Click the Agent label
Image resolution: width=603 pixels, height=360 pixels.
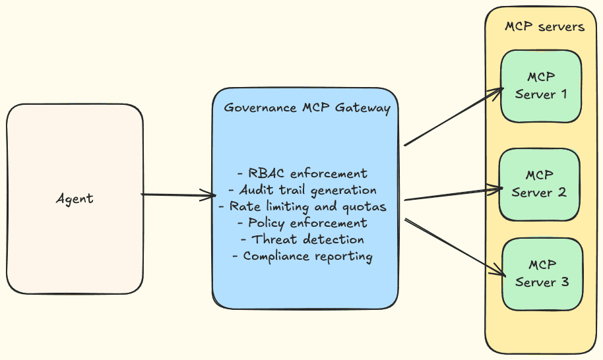pyautogui.click(x=75, y=198)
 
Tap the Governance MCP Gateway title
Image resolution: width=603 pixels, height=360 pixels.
pyautogui.click(x=307, y=107)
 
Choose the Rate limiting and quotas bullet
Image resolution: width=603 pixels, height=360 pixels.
pyautogui.click(x=303, y=206)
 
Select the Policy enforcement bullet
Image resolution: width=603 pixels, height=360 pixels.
pyautogui.click(x=303, y=223)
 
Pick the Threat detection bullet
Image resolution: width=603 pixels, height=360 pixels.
pyautogui.click(x=303, y=239)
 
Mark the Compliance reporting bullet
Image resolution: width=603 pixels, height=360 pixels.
pyautogui.click(x=303, y=256)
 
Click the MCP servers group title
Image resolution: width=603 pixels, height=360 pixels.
pyautogui.click(x=544, y=27)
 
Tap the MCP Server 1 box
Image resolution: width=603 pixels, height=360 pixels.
pyautogui.click(x=541, y=86)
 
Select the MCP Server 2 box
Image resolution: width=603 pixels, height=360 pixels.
pyautogui.click(x=540, y=184)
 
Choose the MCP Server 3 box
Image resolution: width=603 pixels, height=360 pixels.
pyautogui.click(x=542, y=274)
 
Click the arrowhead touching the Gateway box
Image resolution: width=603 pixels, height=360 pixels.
pyautogui.click(x=210, y=195)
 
